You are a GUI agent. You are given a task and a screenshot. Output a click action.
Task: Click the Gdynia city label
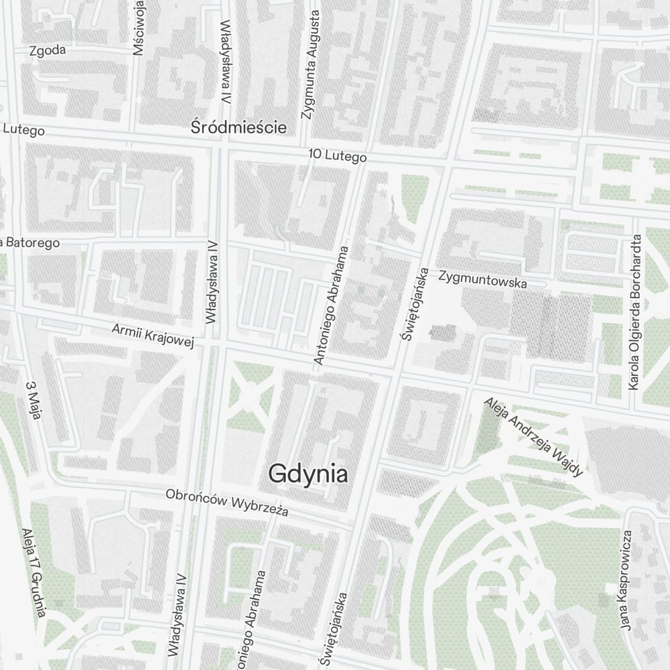308,474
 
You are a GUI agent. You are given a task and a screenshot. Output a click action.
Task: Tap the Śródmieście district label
239,127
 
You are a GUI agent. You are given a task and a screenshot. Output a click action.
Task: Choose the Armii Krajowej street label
153,336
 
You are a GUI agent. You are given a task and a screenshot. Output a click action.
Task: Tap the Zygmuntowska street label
482,279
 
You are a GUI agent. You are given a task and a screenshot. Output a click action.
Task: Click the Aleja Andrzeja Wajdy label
534,437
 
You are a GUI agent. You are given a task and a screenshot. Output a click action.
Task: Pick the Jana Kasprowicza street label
626,580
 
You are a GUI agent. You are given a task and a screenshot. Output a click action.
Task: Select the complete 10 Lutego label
338,156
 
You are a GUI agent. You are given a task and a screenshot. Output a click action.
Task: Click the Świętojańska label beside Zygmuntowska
414,305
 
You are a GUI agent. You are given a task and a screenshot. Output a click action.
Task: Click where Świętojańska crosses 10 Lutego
444,163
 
